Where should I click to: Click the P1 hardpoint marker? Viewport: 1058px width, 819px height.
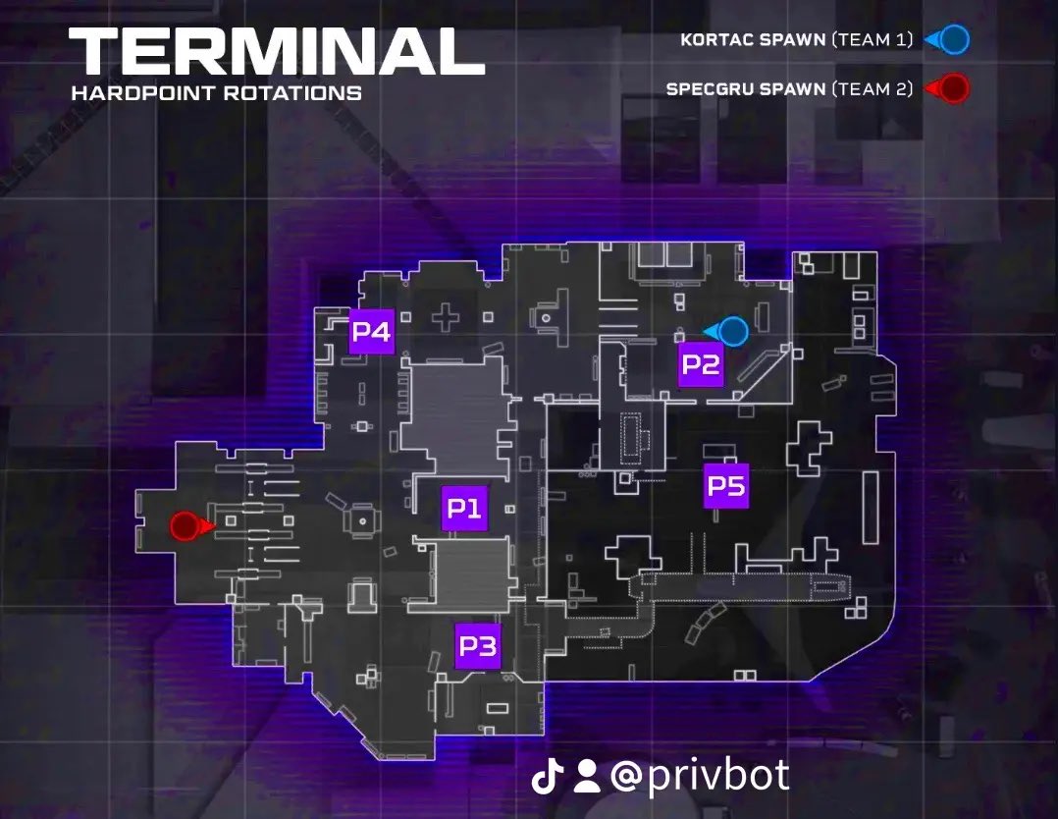465,508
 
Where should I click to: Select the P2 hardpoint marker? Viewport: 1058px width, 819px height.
701,364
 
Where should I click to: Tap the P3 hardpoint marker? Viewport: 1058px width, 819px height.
478,646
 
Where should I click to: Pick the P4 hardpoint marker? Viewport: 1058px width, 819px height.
371,332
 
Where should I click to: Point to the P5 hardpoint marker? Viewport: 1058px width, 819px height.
726,485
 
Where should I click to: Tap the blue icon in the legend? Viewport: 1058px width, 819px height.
947,40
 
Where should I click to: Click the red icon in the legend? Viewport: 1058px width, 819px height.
947,88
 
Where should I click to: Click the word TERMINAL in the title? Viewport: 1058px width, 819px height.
277,51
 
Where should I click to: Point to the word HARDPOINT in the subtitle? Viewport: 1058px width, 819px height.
143,92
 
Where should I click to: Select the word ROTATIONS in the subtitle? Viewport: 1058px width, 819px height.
292,92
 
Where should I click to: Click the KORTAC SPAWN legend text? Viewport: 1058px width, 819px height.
753,40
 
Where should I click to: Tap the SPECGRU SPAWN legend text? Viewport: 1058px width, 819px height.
746,89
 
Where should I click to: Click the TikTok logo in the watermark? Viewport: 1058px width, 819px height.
548,776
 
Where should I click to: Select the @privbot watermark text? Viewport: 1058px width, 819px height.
700,776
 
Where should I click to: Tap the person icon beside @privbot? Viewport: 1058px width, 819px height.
587,777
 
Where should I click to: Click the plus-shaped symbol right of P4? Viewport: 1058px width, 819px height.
446,317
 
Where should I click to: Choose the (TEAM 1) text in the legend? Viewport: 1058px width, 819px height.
872,40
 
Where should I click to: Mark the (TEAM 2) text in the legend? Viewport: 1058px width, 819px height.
872,89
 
